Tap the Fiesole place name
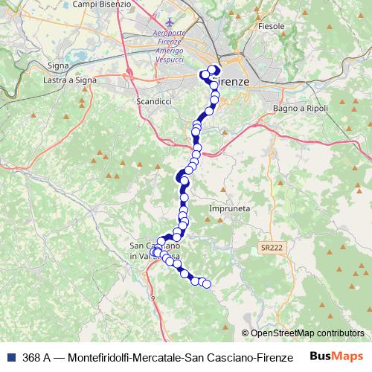click(x=272, y=26)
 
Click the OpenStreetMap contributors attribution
click(x=303, y=333)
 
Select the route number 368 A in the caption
click(x=36, y=358)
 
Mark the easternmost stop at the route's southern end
click(x=207, y=283)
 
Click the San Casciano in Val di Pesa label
click(x=154, y=251)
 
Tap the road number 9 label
click(x=153, y=298)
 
